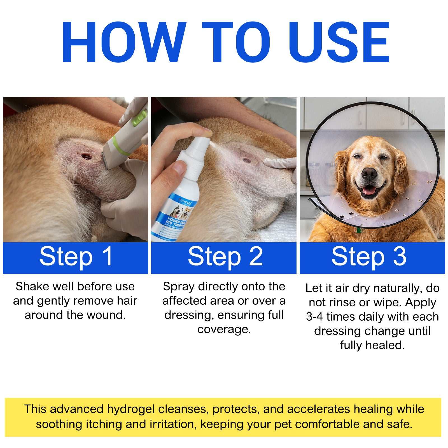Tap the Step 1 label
click(x=76, y=256)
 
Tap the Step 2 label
click(x=225, y=256)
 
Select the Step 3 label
click(x=369, y=256)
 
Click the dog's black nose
click(x=369, y=174)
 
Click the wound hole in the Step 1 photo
click(x=87, y=156)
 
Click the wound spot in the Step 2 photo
click(x=247, y=160)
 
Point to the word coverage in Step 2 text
click(x=224, y=329)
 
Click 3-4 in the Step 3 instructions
click(x=315, y=317)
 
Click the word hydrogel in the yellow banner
click(x=131, y=409)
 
